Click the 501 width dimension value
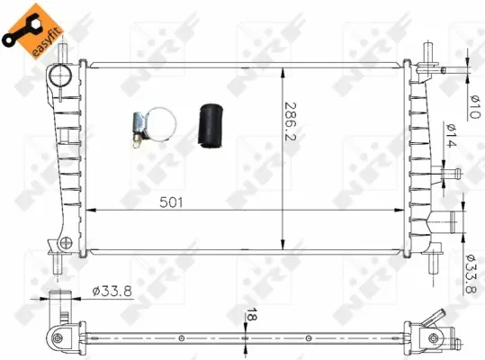point(171,202)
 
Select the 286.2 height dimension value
point(290,121)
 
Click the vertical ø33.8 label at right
point(473,274)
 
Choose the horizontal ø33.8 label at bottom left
point(112,291)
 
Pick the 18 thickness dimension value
point(252,314)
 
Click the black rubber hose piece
point(211,126)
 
